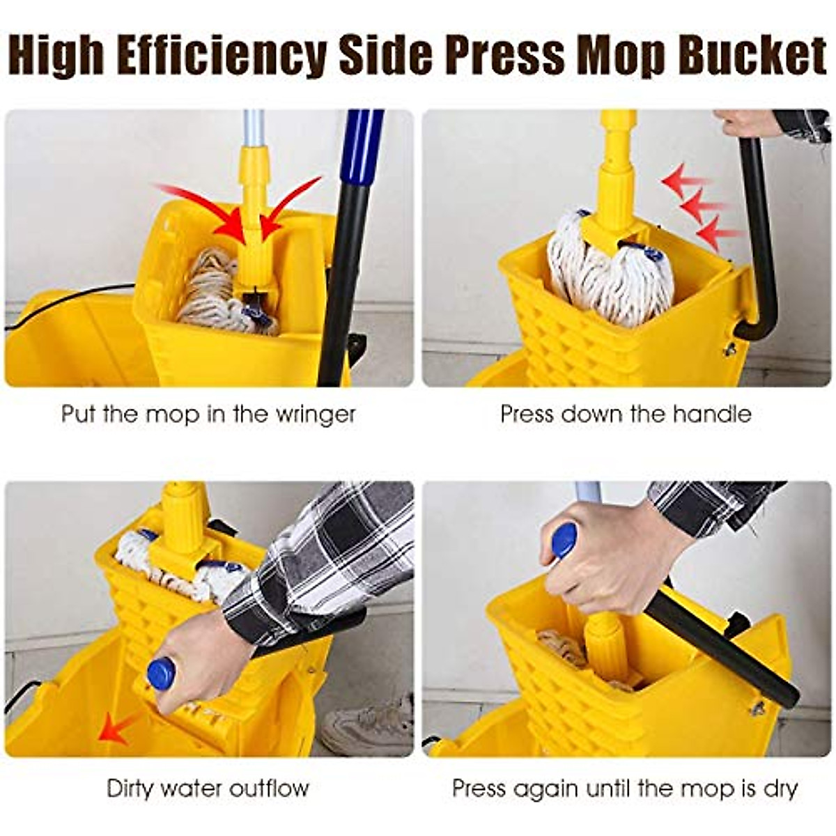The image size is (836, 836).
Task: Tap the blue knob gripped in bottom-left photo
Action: pos(161,674)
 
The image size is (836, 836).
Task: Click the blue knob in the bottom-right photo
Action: pos(564,540)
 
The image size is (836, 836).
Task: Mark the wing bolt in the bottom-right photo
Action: pos(757,709)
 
